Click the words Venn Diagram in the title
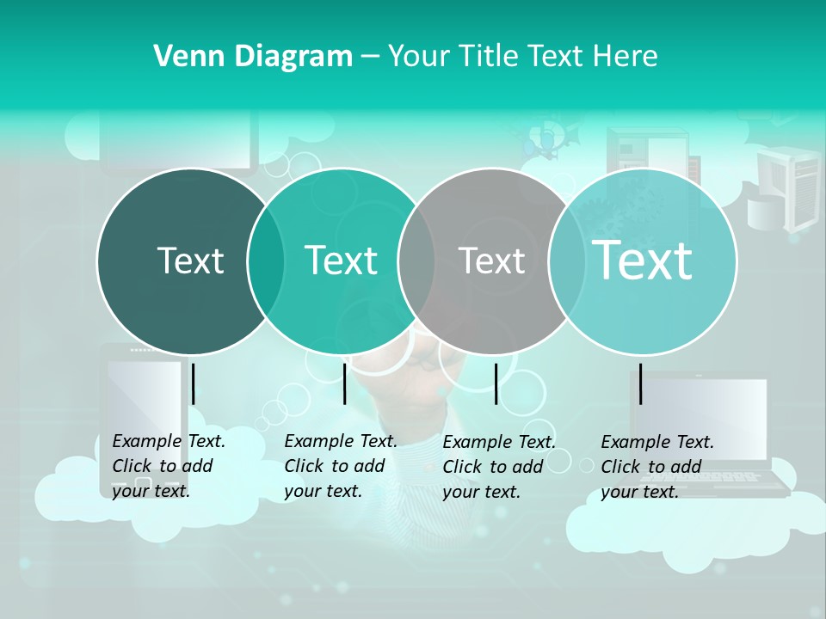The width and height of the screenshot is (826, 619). click(x=253, y=57)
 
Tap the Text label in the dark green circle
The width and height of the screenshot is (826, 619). click(x=190, y=260)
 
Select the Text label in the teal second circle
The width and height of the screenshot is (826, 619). click(x=342, y=260)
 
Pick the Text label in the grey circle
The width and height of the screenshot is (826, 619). click(x=492, y=260)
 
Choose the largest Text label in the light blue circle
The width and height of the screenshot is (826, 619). click(x=643, y=260)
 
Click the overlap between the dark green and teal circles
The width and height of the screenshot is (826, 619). click(x=266, y=260)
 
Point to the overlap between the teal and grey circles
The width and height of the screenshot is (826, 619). click(x=416, y=260)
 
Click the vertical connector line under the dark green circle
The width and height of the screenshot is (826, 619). click(x=194, y=383)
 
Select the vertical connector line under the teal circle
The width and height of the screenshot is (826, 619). click(x=344, y=383)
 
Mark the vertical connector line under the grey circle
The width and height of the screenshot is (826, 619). click(x=496, y=383)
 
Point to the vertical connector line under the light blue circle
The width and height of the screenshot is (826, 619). click(x=641, y=383)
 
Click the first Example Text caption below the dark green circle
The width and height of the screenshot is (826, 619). click(x=168, y=466)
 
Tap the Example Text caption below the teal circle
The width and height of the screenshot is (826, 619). click(x=340, y=466)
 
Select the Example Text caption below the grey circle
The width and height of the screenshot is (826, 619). click(x=498, y=467)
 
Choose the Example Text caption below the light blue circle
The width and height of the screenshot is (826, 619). click(x=656, y=467)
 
